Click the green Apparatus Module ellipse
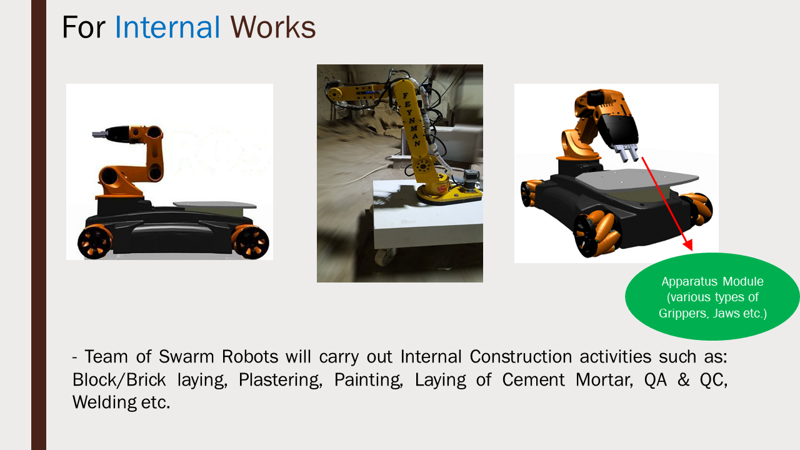tap(712, 296)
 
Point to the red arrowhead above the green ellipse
tap(688, 245)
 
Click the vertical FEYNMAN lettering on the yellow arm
tap(411, 119)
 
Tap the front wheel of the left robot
tap(251, 242)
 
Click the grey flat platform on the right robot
tap(635, 179)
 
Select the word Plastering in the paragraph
tap(281, 380)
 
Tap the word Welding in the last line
tap(104, 402)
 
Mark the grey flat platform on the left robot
tap(214, 205)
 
